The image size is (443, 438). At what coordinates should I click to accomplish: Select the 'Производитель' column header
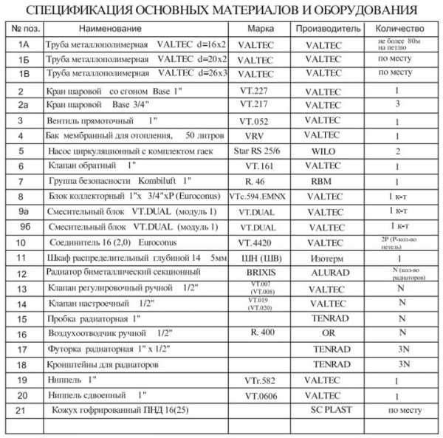pyautogui.click(x=327, y=28)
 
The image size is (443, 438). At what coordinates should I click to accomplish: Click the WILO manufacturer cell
pyautogui.click(x=326, y=151)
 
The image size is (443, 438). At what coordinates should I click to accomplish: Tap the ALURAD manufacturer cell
pyautogui.click(x=330, y=273)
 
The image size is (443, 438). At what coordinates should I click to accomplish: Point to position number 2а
pyautogui.click(x=23, y=106)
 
